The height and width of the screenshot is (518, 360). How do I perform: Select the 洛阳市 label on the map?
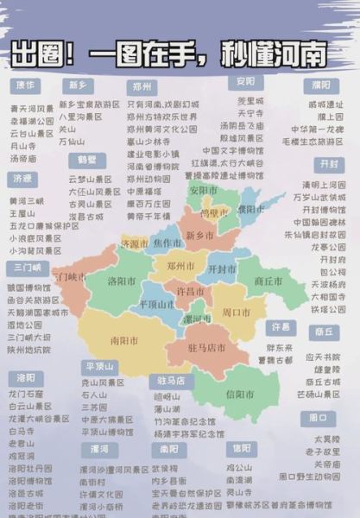click(122, 281)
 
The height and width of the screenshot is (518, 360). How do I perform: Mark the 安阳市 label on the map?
click(205, 190)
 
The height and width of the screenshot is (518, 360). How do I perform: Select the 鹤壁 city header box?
click(86, 161)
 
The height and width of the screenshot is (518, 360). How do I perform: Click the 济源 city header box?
click(23, 179)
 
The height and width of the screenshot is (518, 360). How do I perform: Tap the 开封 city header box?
click(328, 164)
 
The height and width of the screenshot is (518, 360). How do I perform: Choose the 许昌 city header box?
click(279, 328)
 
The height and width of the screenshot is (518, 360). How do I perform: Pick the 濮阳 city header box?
click(321, 85)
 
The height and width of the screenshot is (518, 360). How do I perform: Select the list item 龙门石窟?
click(26, 394)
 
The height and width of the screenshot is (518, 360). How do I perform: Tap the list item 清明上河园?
click(324, 185)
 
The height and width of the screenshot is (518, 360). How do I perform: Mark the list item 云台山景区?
click(31, 134)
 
